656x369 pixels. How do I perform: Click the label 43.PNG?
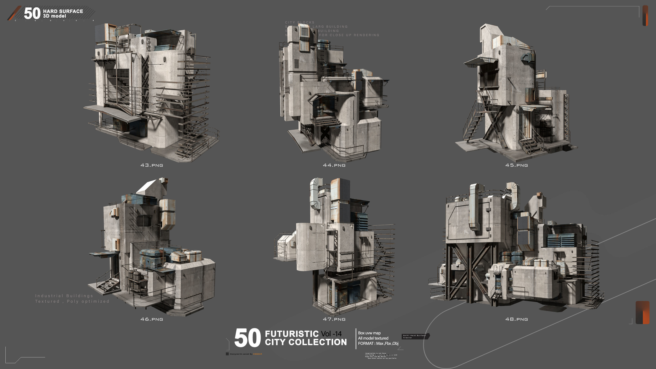152,165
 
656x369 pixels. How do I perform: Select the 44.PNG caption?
334,165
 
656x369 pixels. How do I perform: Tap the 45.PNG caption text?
516,165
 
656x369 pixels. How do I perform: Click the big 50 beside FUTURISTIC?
247,338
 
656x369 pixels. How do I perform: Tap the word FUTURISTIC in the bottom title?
292,334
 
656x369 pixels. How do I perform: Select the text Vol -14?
331,334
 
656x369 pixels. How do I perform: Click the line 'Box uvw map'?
369,333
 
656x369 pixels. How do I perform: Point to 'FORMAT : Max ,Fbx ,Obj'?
378,343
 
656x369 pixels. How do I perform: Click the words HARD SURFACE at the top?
63,11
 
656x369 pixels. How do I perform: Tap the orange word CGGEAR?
257,354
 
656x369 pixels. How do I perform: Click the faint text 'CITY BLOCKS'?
299,22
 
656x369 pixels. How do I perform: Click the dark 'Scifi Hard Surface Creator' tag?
415,336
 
